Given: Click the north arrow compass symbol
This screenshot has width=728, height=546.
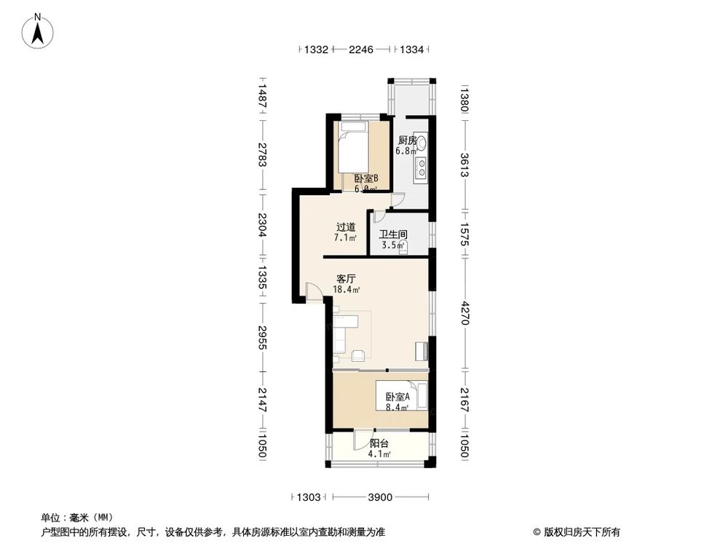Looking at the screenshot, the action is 38,31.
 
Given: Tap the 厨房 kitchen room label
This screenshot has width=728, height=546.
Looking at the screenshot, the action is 408,141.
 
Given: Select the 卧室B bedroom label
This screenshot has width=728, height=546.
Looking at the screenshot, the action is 366,178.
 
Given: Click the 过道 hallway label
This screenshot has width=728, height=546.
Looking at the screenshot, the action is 346,227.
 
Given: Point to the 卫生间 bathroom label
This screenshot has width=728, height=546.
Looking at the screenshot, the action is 393,234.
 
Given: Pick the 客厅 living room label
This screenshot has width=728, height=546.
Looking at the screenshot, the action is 346,279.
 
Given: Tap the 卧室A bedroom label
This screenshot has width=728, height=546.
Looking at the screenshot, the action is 398,397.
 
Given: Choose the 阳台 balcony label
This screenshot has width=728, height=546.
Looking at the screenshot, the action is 379,443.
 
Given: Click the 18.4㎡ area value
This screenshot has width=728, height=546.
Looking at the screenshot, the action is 347,290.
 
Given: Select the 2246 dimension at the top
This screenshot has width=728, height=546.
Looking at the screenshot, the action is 361,50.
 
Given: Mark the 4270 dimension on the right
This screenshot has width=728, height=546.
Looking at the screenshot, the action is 464,314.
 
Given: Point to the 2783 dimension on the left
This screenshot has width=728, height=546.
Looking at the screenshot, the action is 262,155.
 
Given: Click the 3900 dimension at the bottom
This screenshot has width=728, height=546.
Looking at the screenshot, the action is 380,497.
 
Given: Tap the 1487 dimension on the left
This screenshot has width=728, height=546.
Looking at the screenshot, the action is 262,97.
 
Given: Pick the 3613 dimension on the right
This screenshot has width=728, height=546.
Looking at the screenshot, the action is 464,165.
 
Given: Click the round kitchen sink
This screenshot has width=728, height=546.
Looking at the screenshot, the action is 421,142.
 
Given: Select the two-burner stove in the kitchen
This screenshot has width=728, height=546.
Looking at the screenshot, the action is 421,167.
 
